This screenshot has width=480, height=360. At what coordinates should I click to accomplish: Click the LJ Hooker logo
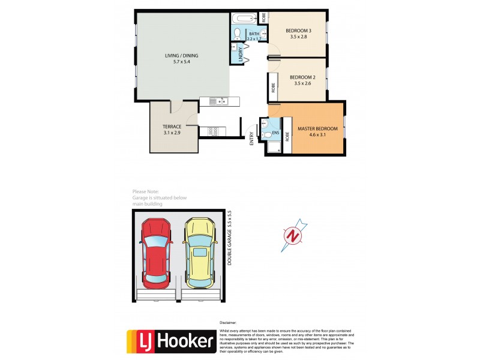[170, 341]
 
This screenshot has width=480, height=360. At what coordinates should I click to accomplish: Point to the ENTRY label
[252, 139]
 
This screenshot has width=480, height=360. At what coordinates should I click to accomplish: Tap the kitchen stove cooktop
[214, 131]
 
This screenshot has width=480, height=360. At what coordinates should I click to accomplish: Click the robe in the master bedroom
[286, 136]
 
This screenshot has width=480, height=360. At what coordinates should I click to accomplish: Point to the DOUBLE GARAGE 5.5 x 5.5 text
[230, 238]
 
